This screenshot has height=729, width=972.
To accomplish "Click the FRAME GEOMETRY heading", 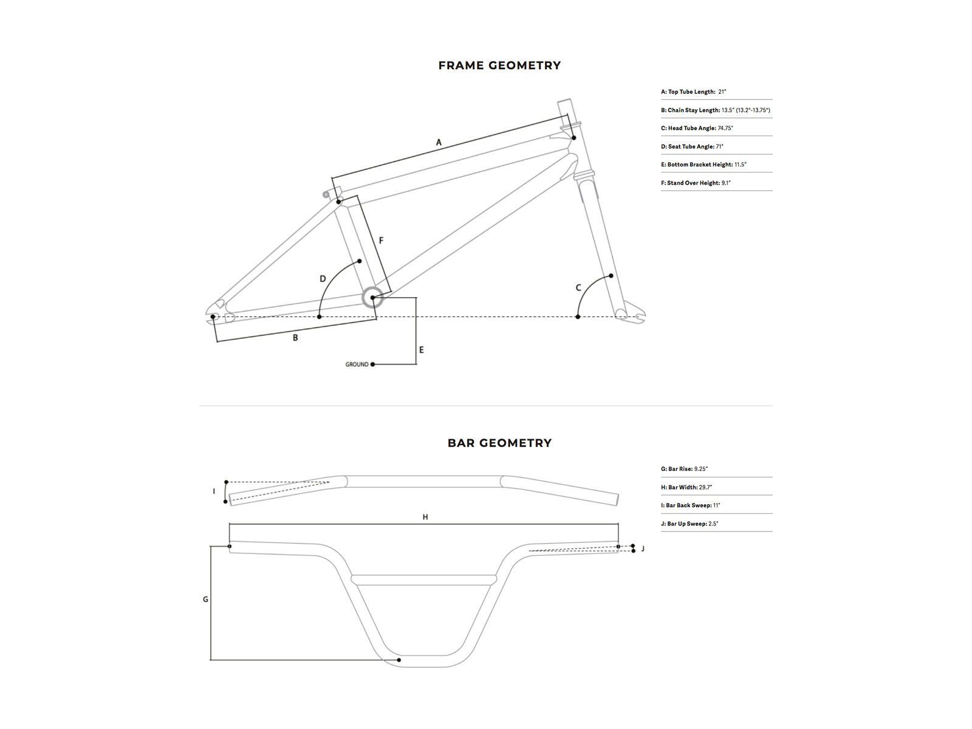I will [x=499, y=66].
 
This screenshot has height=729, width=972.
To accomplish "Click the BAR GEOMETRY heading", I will [x=499, y=443].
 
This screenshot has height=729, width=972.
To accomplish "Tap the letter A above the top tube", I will [x=439, y=143].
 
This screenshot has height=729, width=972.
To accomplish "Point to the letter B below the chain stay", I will [x=295, y=338].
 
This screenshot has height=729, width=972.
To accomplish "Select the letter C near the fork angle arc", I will [x=578, y=287].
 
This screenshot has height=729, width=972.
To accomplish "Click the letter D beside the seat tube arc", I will [x=323, y=279].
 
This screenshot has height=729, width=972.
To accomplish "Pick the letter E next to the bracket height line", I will [x=421, y=350].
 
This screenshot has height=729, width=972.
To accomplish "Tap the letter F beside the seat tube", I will [x=381, y=241].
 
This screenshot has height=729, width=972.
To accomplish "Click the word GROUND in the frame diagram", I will [x=357, y=364].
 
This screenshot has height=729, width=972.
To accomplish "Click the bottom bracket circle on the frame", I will [x=372, y=298].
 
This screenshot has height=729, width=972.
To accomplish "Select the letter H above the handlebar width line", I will [x=425, y=517].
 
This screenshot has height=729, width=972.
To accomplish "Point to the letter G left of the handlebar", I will [x=205, y=600].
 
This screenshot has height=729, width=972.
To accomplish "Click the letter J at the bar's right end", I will [x=643, y=549].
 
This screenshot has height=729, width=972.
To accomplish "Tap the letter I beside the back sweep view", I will [x=214, y=491].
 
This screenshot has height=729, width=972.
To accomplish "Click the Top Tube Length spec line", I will [x=694, y=92].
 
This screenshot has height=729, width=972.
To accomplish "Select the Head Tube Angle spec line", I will [x=697, y=128].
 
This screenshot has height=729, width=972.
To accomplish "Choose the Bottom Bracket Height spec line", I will [x=703, y=165].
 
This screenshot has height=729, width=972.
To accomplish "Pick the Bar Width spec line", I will [x=686, y=487].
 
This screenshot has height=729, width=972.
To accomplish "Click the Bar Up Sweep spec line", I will [x=690, y=524].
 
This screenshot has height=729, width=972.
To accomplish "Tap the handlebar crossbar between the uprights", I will [x=424, y=580].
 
